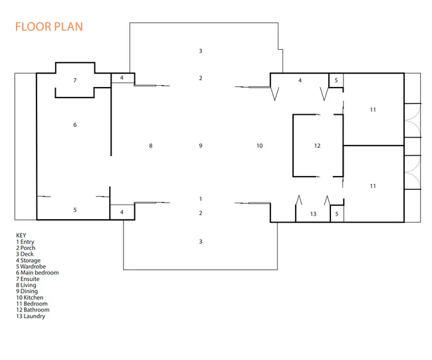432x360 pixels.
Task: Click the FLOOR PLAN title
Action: point(49,27)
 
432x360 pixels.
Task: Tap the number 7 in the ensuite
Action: point(75,80)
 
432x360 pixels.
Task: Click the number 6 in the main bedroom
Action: point(75,125)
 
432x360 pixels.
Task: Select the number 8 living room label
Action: point(151,145)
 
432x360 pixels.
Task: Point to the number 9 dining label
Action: point(201,145)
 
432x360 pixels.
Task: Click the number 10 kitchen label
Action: point(259,145)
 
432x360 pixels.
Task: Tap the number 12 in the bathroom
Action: point(317,145)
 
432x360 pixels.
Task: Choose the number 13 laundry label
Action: point(313,214)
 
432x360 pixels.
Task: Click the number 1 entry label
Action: point(201,199)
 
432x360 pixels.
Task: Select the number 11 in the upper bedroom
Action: point(373,110)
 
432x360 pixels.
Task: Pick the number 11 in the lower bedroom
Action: point(373,186)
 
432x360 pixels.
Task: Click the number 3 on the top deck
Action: point(201,51)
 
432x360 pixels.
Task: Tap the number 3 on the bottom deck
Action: point(201,242)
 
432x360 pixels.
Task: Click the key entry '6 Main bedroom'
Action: point(37,273)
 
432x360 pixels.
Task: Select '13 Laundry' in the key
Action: point(31,316)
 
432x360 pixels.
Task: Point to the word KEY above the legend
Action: point(21,236)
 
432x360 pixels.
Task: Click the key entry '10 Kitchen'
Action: point(30,298)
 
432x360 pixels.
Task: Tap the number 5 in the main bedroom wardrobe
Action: point(75,210)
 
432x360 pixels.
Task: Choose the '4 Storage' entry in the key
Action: point(28,260)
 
